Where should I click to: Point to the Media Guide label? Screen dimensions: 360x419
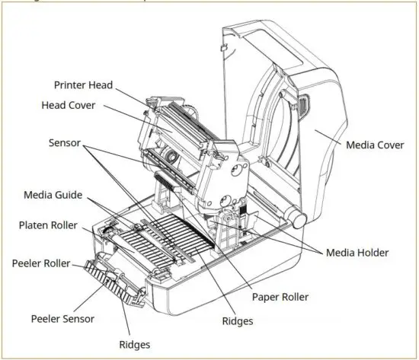pyautogui.click(x=53, y=195)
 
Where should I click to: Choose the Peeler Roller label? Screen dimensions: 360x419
pyautogui.click(x=41, y=263)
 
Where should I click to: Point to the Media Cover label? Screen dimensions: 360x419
pyautogui.click(x=376, y=144)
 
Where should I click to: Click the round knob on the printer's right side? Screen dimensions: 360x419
pyautogui.click(x=298, y=219)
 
